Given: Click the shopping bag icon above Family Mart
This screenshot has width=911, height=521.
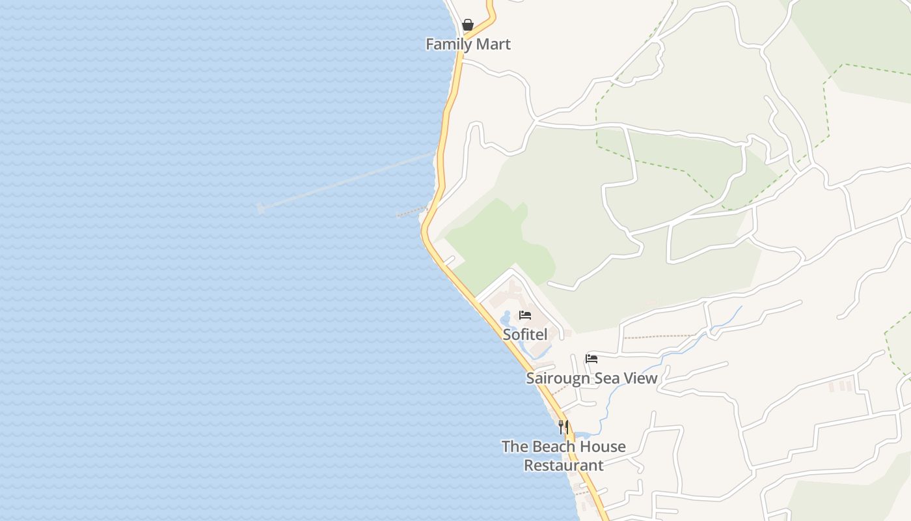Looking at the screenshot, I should (467, 25).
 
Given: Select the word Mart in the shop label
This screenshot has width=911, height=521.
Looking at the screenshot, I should (494, 44).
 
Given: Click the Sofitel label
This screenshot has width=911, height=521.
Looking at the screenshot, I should (524, 335).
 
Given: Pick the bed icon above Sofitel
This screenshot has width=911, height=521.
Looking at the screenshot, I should (525, 316).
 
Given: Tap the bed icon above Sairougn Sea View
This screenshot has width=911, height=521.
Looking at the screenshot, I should (591, 359).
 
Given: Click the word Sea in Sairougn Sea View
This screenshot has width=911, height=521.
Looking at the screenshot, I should (605, 378).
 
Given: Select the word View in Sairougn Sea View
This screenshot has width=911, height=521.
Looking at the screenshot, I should (641, 378).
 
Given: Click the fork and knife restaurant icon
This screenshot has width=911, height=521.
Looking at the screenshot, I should (564, 427).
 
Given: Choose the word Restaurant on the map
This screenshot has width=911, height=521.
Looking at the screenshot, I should (564, 466).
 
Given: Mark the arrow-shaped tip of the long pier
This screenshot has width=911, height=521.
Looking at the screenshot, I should (260, 208).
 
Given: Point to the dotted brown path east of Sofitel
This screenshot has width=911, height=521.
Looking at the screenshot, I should (657, 337).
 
